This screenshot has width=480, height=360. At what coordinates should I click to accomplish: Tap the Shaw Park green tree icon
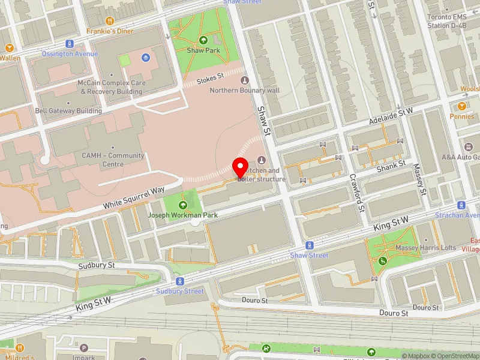point(203,40)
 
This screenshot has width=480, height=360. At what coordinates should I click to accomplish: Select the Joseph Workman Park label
point(183,214)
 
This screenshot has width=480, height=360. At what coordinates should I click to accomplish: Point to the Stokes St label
point(211,77)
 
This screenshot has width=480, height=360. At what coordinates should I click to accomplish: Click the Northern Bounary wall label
point(244,91)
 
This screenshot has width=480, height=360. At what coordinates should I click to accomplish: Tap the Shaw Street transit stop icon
point(310,245)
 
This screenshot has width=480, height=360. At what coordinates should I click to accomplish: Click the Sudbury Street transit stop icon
point(180,281)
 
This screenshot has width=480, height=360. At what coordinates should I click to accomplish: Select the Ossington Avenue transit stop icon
point(70,44)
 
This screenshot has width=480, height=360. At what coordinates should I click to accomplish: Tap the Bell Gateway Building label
point(68,111)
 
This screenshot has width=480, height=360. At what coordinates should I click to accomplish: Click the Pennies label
point(461,116)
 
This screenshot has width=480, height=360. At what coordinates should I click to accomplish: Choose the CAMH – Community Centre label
point(113,160)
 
